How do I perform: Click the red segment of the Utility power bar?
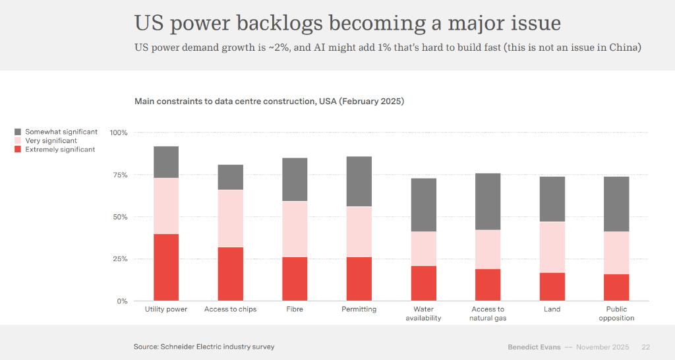tap(166, 267)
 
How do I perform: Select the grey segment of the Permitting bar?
tap(359, 181)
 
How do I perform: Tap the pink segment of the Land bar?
tap(552, 247)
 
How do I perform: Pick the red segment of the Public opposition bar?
tap(617, 287)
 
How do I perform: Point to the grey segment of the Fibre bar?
tap(295, 179)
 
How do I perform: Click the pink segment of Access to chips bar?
tap(231, 218)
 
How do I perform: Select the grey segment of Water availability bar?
tap(424, 204)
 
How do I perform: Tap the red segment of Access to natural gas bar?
tap(488, 285)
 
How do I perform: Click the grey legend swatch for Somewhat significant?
tap(18, 132)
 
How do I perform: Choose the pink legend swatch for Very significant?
tap(18, 140)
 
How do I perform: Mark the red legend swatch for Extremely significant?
tap(18, 150)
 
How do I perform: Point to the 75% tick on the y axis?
tap(119, 175)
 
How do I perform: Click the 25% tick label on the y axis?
tap(119, 259)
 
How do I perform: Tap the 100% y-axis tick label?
tap(119, 133)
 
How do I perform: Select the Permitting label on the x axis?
tap(359, 309)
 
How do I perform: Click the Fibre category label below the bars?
tap(295, 309)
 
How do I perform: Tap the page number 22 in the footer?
tap(646, 347)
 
